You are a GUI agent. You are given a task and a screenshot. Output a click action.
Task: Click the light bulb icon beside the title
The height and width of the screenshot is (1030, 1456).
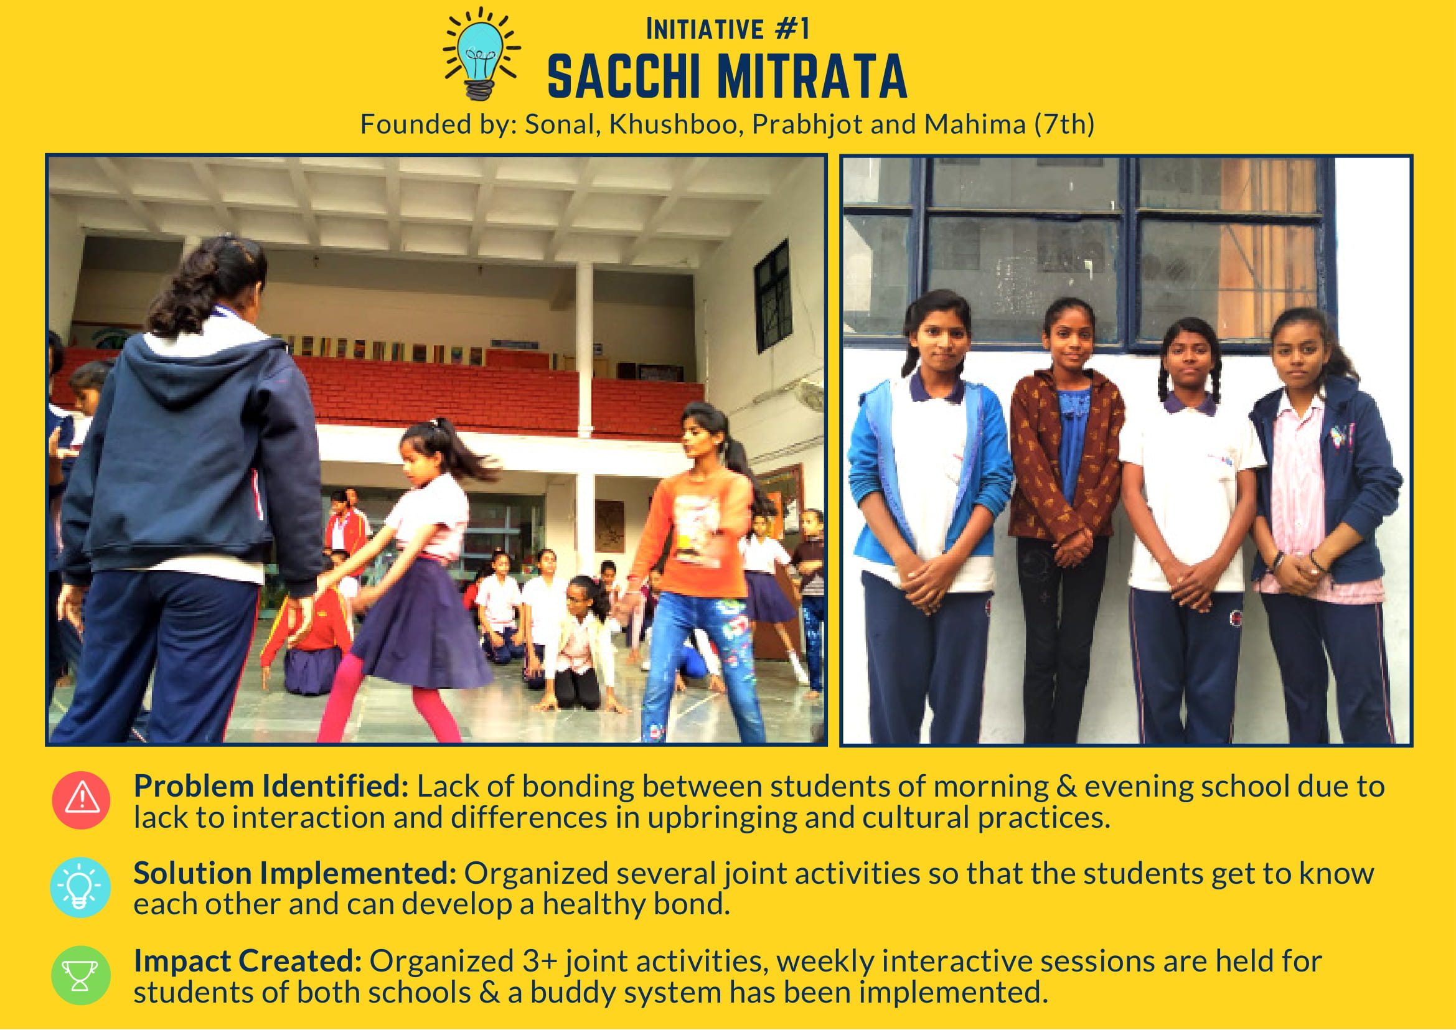click(x=482, y=54)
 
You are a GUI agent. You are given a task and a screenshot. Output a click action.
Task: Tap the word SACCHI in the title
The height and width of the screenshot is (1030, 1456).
click(x=624, y=77)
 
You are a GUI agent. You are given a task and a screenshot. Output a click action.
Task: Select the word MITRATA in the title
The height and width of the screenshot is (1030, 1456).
click(x=812, y=77)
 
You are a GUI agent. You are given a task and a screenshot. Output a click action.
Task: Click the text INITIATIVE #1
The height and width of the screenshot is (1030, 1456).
click(x=727, y=29)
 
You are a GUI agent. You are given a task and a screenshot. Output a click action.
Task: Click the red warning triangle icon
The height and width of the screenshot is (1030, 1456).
click(x=81, y=800)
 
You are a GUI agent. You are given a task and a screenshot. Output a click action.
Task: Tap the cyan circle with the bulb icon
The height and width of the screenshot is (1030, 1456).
click(x=80, y=887)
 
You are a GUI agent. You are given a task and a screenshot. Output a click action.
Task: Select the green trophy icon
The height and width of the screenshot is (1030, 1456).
click(x=80, y=975)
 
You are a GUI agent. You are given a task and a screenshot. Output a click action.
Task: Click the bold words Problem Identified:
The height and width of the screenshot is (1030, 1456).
click(x=271, y=787)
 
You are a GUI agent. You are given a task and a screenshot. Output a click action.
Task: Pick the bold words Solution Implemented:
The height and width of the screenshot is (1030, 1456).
click(x=295, y=874)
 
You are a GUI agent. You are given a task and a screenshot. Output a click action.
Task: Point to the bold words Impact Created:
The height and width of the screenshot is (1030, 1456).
click(x=247, y=962)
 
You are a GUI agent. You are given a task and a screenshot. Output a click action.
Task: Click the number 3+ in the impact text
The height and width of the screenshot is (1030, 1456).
click(x=540, y=962)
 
